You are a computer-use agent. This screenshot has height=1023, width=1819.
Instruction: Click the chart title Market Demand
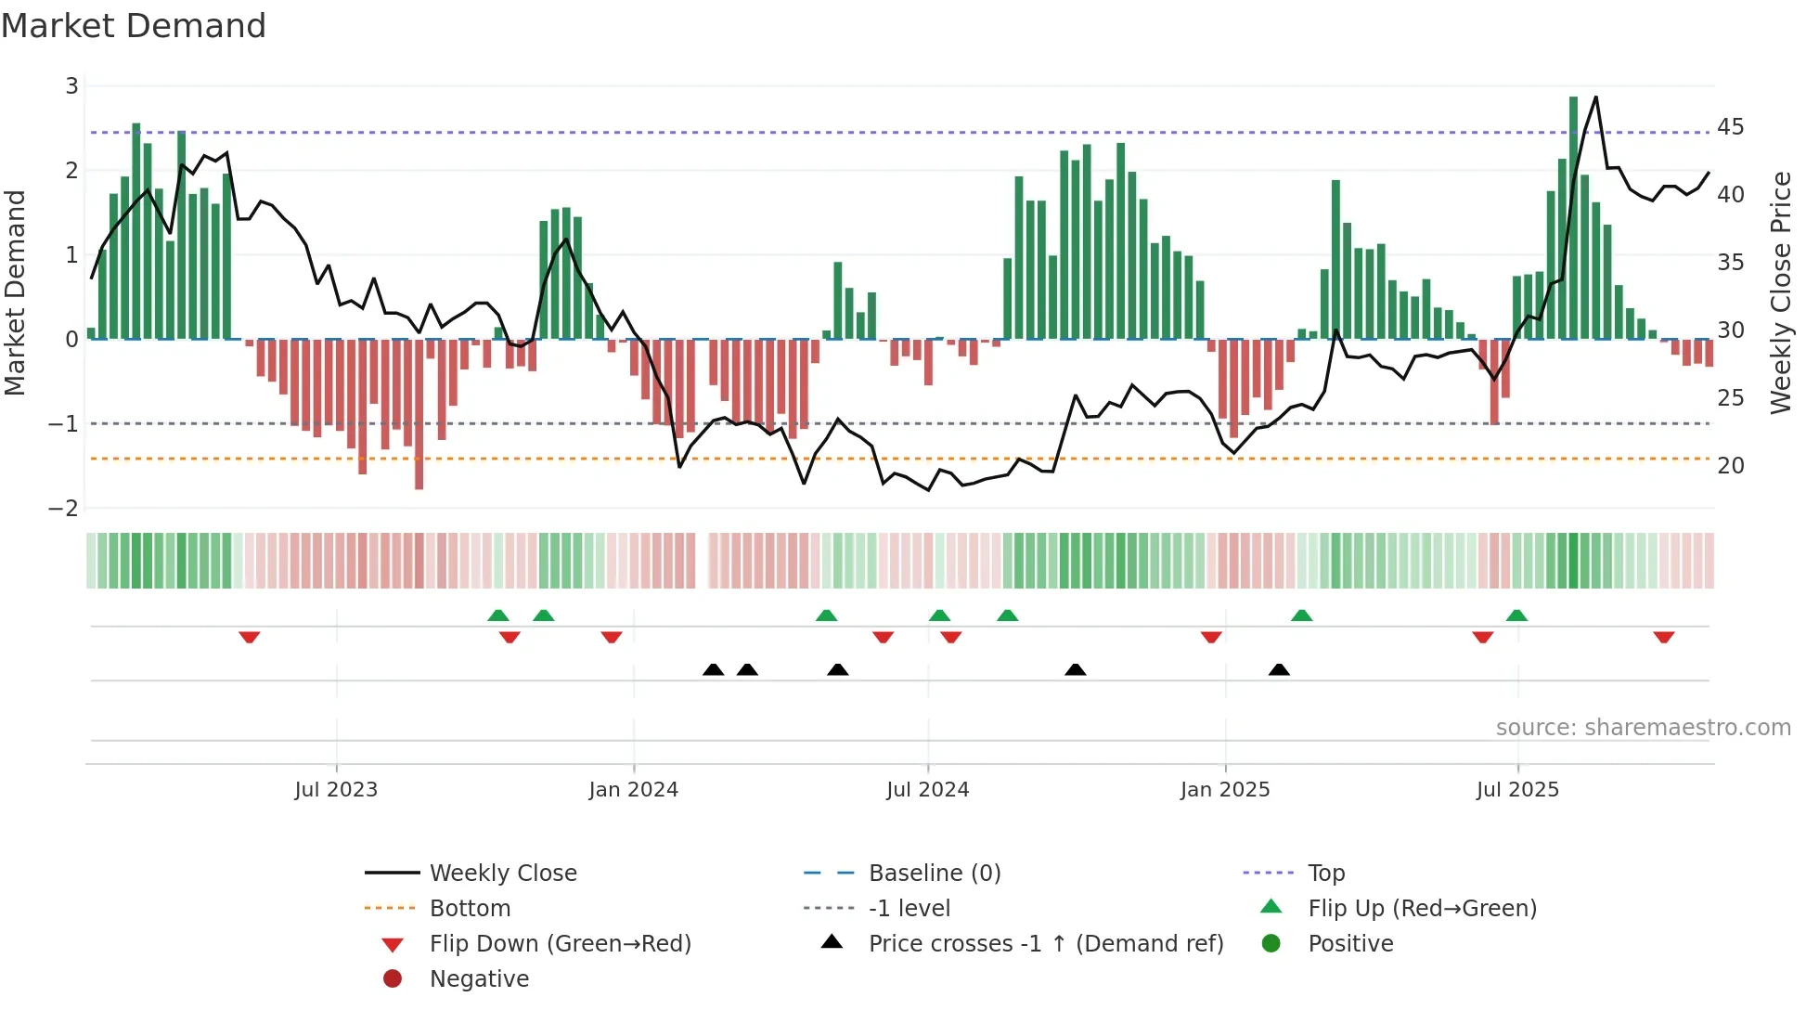134,26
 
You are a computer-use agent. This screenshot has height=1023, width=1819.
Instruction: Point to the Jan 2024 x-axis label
633,790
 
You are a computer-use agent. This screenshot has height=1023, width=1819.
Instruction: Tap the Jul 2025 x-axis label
1517,790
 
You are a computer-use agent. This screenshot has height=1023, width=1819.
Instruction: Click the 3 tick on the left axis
71,86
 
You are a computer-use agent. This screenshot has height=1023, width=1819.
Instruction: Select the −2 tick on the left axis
64,509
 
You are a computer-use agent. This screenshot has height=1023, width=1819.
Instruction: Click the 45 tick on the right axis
1730,127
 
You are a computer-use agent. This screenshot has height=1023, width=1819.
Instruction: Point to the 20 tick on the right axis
1730,466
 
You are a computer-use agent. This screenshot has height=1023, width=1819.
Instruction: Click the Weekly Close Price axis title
1780,292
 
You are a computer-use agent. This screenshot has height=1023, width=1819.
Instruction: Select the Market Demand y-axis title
16,292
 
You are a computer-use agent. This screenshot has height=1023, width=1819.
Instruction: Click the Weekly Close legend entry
502,874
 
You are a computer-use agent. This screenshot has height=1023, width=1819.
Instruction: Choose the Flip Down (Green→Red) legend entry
560,944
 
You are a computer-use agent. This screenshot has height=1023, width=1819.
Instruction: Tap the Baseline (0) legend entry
934,874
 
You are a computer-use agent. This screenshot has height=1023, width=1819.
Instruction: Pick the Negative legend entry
479,979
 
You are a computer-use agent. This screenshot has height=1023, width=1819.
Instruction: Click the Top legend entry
1325,874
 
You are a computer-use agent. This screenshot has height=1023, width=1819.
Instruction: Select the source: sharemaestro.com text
1643,728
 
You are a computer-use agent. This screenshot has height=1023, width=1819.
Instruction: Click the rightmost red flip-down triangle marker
1663,637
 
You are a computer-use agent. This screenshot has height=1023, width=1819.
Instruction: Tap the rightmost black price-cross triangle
1279,669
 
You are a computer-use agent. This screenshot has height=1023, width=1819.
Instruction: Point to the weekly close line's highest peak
1595,97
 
